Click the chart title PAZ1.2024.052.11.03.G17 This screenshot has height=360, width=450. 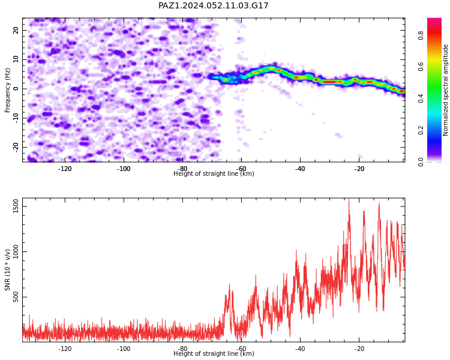213,5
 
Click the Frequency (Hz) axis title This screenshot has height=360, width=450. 7,90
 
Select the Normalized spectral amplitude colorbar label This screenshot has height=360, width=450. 445,90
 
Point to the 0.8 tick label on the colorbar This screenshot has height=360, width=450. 421,36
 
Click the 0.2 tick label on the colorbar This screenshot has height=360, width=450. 421,130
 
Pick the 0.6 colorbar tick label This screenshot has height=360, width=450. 421,67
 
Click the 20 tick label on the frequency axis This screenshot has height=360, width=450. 16,30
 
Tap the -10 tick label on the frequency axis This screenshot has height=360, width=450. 16,118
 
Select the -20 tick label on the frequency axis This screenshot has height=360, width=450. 16,147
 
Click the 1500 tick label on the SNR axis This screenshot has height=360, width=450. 16,206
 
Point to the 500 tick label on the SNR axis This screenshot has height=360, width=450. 16,297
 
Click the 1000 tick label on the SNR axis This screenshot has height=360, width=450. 16,252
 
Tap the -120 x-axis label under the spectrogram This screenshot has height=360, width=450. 65,169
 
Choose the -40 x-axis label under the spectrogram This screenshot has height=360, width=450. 300,169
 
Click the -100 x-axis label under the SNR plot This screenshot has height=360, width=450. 124,349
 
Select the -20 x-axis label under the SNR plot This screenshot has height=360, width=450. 359,349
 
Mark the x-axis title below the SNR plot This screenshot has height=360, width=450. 214,353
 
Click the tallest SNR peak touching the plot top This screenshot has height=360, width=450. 349,200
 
